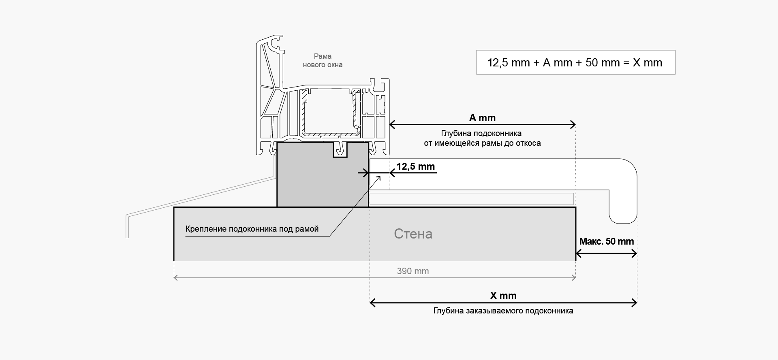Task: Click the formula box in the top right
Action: [575, 62]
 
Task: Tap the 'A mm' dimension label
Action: [482, 118]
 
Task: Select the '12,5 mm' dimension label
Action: [415, 166]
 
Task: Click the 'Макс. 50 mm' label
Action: [606, 241]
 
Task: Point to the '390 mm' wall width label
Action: [413, 271]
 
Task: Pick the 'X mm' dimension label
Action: [503, 296]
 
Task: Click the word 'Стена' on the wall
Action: [413, 234]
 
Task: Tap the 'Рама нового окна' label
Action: [323, 61]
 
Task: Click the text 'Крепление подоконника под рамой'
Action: [252, 229]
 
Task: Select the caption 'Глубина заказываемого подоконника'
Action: [503, 311]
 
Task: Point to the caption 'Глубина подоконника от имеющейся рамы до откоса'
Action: [481, 138]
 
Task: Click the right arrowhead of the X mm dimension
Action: [634, 302]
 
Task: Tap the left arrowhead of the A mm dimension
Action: [392, 125]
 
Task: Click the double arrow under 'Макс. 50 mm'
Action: [606, 254]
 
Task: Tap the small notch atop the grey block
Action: [340, 150]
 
